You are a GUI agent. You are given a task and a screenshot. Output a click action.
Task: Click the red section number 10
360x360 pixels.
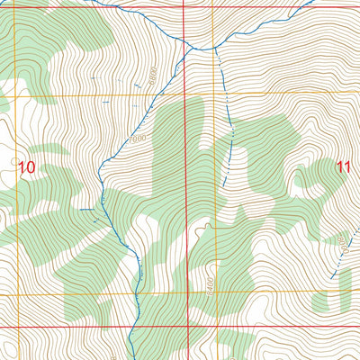coord(26,166)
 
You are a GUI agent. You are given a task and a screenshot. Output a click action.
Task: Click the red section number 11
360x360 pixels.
coord(342,166)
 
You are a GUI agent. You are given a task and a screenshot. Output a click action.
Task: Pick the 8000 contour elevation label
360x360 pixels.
coord(343,241)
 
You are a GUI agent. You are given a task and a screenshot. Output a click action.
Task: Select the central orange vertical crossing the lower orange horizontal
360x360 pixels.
coord(214,293)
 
